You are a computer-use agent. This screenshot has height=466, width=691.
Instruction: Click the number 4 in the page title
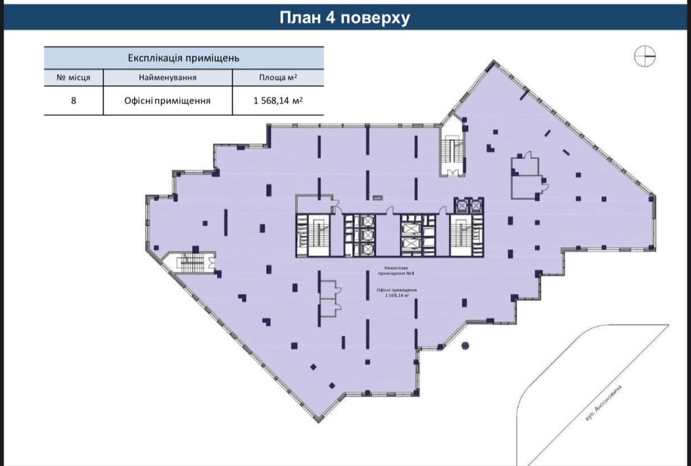tap(330, 18)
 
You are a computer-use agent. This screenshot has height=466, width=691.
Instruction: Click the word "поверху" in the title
tap(375, 18)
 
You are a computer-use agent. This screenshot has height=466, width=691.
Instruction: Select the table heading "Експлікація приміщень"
tap(183, 57)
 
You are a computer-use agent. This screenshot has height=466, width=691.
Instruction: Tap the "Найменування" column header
tap(169, 77)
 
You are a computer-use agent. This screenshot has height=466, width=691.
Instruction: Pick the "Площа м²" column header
tap(278, 77)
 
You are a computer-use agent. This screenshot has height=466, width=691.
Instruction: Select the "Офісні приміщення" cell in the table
tap(169, 101)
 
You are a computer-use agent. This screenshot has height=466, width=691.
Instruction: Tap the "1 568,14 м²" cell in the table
tap(278, 101)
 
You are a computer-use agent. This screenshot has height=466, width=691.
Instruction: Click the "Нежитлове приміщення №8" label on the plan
tap(390, 271)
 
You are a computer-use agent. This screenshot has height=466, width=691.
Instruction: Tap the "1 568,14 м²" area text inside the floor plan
tap(390, 293)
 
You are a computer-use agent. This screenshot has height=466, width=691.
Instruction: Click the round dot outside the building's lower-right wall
tap(465, 344)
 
